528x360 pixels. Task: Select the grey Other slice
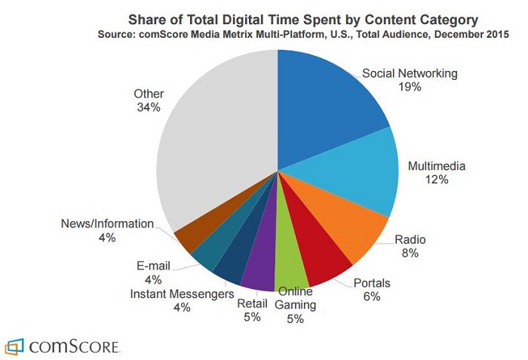[x=219, y=143]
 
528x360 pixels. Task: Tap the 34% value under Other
[x=148, y=107]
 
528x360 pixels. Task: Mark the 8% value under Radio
[x=410, y=254]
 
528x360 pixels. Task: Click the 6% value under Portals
[x=370, y=297]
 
